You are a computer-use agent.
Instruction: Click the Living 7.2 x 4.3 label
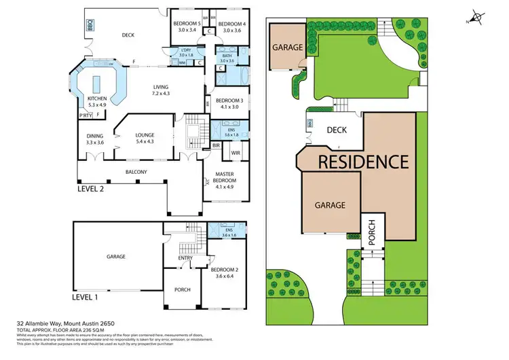[x=160, y=90]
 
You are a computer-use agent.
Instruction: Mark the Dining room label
[x=94, y=139]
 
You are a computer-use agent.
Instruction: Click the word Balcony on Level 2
[x=136, y=172]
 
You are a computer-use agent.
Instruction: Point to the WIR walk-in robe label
[x=235, y=153]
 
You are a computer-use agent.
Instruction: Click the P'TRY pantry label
[x=86, y=115]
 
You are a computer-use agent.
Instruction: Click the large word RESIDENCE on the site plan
[x=364, y=162]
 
